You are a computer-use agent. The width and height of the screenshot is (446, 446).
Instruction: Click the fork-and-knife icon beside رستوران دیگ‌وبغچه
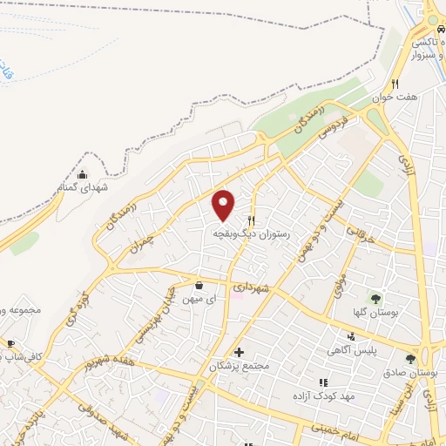(252, 220)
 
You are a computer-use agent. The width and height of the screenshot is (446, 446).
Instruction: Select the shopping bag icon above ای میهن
(199, 285)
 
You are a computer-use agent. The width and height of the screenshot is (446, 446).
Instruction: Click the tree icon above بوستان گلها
(376, 298)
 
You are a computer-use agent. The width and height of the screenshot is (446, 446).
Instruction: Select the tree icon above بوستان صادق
(410, 358)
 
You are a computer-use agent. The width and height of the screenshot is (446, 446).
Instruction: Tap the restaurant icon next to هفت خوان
(395, 84)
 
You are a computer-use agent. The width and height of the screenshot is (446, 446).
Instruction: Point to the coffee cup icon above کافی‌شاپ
(10, 343)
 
